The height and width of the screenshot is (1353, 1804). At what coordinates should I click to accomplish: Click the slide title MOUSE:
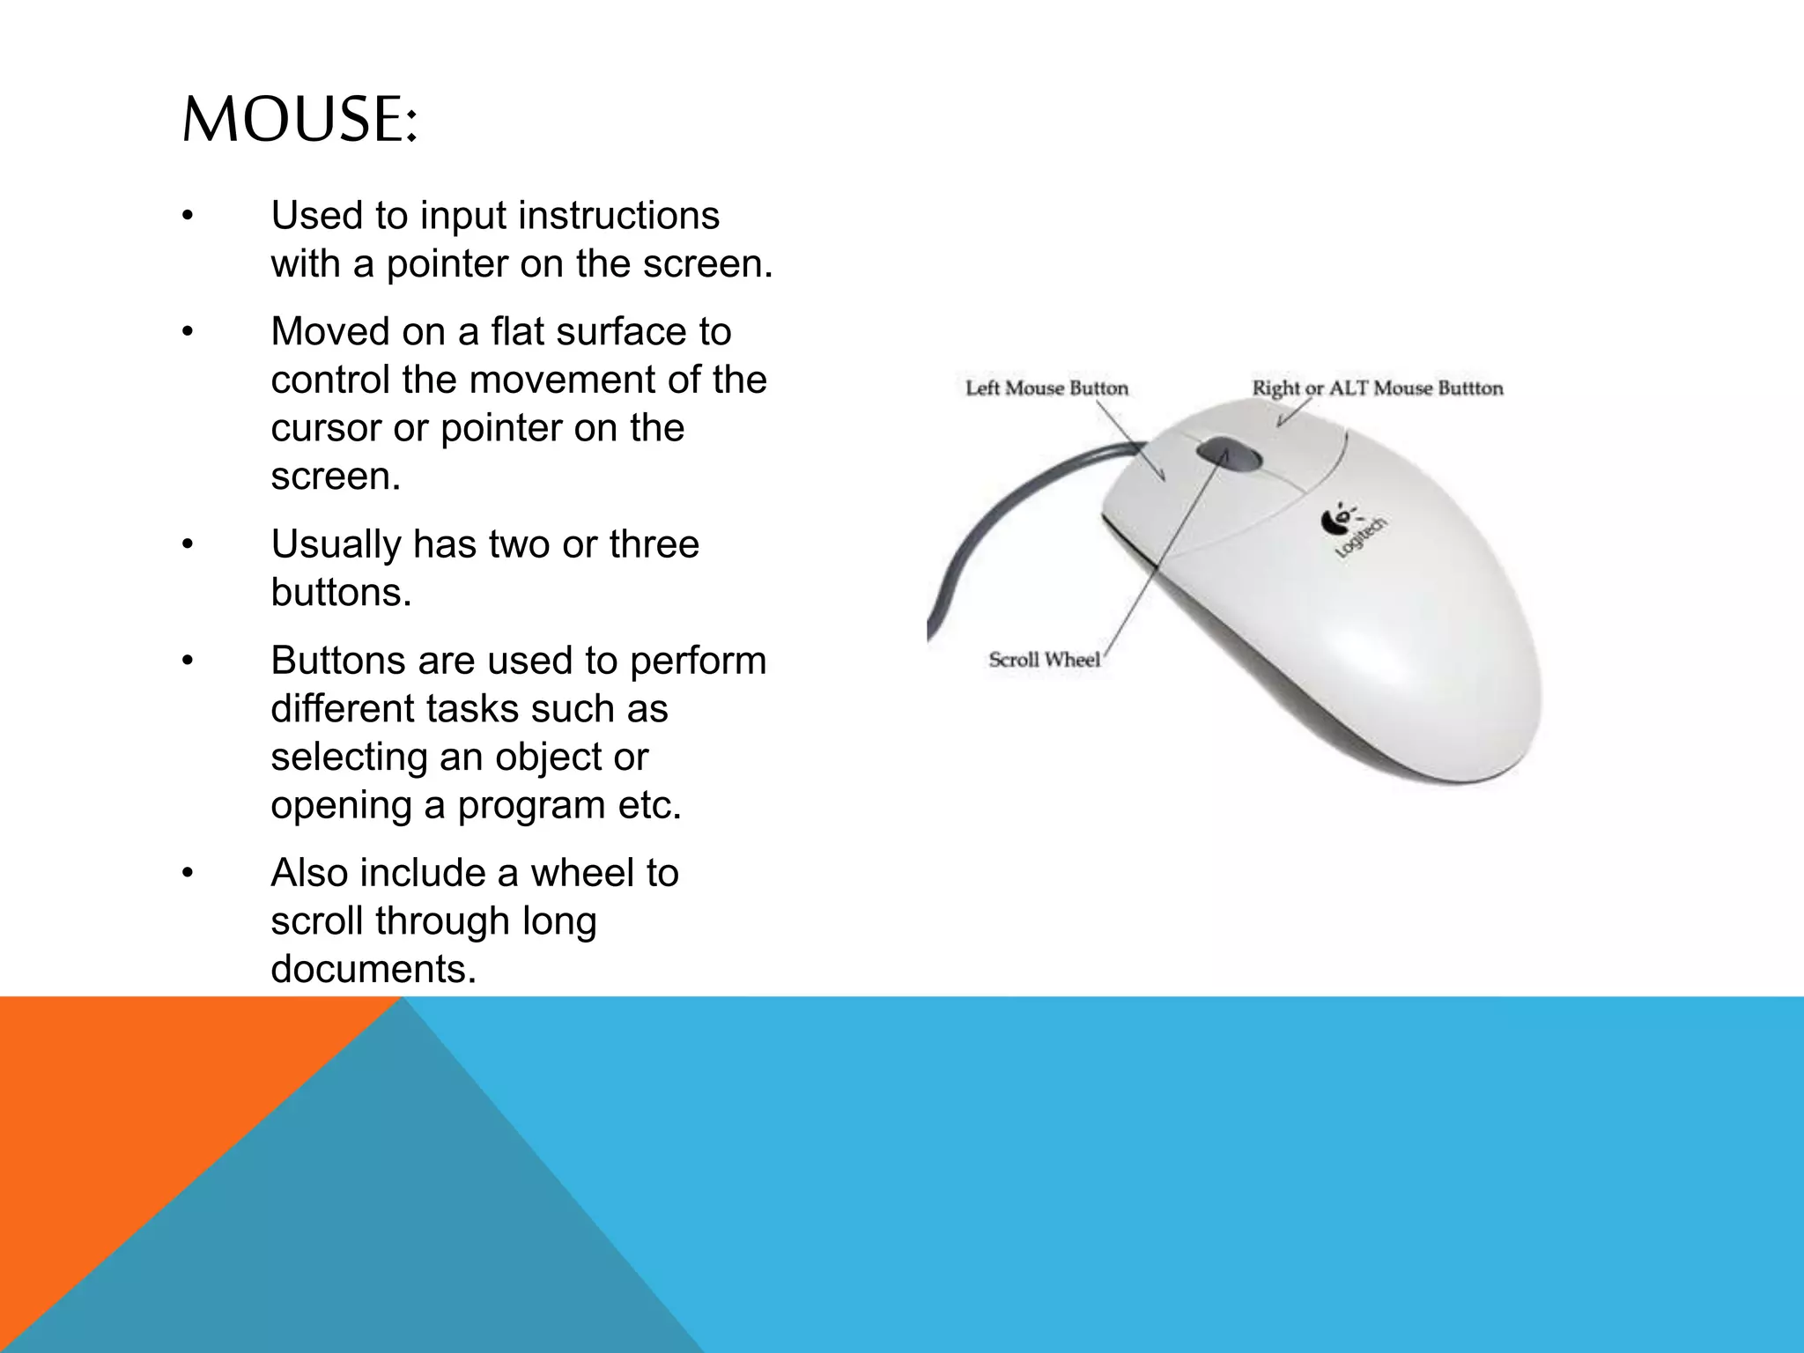tap(299, 120)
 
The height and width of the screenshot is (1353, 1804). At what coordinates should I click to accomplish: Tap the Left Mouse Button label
tap(1046, 388)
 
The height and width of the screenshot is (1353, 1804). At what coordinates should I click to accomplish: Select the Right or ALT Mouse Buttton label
tap(1378, 388)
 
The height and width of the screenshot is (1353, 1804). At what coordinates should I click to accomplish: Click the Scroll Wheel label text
tap(1044, 660)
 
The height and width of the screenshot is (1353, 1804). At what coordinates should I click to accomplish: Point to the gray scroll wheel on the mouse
tap(1229, 455)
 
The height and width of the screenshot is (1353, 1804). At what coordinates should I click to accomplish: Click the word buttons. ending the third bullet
tap(341, 593)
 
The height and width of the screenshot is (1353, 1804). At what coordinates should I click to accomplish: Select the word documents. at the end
tap(373, 970)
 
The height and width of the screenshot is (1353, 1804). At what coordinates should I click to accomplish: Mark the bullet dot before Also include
tap(187, 874)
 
